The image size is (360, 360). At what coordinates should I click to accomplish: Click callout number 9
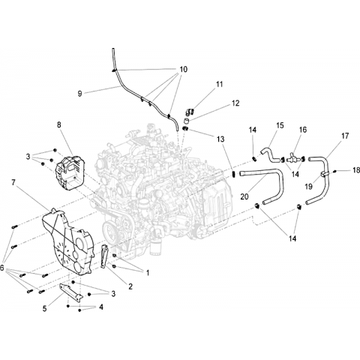[79, 94]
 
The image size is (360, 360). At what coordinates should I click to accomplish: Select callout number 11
[219, 84]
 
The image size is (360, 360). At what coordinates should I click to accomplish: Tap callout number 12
[235, 103]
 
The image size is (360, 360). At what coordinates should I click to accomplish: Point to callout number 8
[59, 124]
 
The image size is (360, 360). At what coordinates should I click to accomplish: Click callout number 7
[13, 182]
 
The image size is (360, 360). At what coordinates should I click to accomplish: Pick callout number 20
[244, 196]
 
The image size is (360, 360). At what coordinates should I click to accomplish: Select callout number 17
[345, 136]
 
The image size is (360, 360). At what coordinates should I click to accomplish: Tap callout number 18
[356, 170]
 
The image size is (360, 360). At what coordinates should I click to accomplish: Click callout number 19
[309, 187]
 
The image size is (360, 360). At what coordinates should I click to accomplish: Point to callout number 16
[303, 130]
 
